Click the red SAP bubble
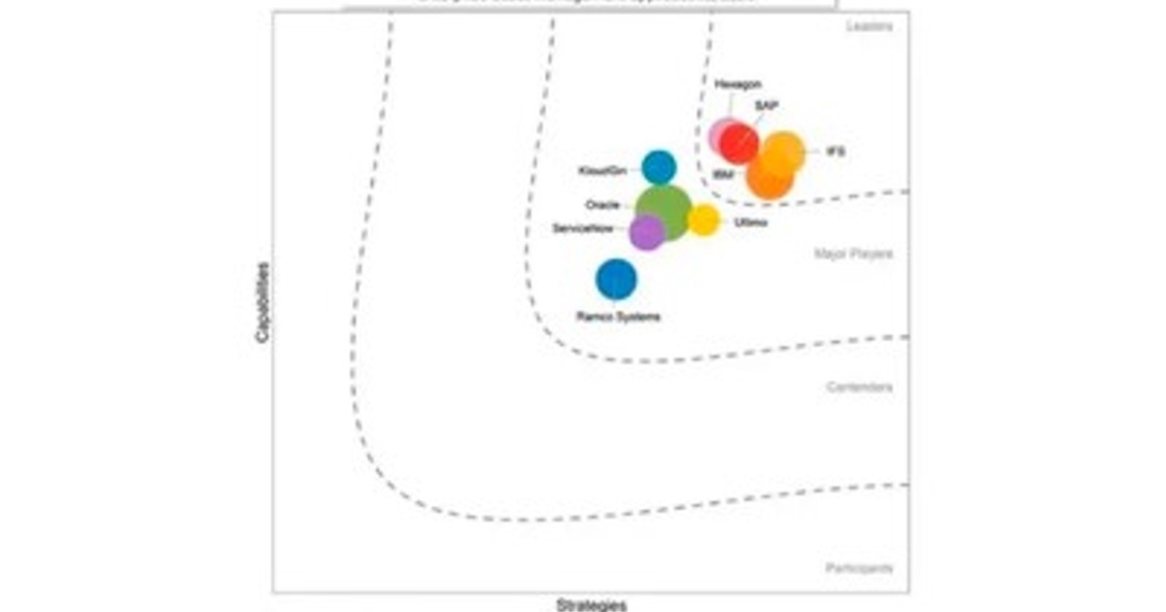(740, 144)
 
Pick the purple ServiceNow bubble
(646, 232)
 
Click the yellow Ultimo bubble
(703, 221)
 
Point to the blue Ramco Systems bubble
(616, 280)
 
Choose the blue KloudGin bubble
(659, 167)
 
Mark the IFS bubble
(783, 153)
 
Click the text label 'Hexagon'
(737, 85)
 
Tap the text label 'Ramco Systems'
(618, 317)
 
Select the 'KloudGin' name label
(602, 171)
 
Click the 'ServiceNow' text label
(582, 228)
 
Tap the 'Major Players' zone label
(853, 255)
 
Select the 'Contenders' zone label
(859, 388)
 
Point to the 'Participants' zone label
(859, 568)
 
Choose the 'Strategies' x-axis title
(591, 605)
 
